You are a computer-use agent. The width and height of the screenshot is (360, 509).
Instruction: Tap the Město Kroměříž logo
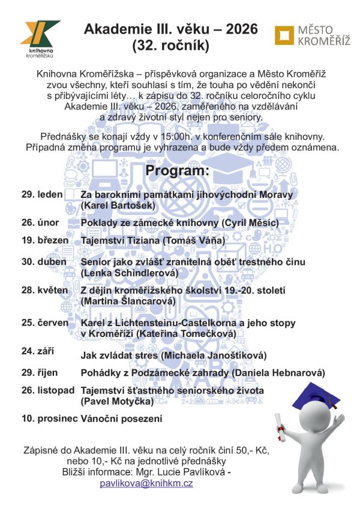313,35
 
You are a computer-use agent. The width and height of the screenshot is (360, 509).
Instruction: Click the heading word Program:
178,171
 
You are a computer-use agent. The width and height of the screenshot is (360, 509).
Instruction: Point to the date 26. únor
40,222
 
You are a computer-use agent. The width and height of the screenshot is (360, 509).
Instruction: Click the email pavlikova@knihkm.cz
146,483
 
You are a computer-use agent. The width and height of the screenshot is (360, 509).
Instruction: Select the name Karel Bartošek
118,206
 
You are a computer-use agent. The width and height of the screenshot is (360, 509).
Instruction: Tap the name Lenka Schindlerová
130,273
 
